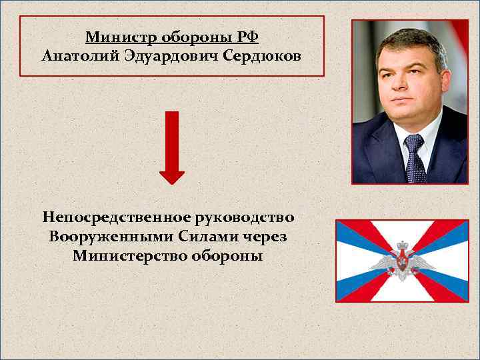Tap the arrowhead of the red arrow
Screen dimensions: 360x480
[x=172, y=175]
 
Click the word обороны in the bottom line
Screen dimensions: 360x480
[x=225, y=256]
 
